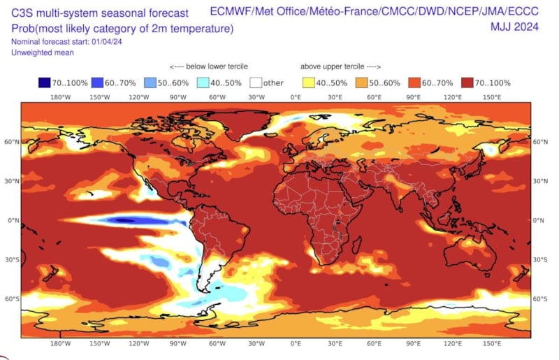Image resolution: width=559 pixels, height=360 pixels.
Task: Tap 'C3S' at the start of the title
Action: point(22,13)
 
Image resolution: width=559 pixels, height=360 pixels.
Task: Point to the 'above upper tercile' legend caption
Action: point(340,67)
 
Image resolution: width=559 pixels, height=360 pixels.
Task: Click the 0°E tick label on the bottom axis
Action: point(296,344)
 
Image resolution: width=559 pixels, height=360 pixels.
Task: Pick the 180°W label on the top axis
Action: point(61,97)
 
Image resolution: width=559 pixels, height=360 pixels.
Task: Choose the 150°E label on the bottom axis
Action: point(492,344)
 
